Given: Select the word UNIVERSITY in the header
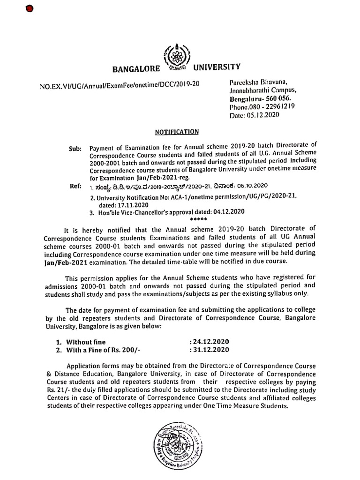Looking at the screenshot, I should tap(217, 67).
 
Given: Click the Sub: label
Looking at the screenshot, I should tap(76, 149).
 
